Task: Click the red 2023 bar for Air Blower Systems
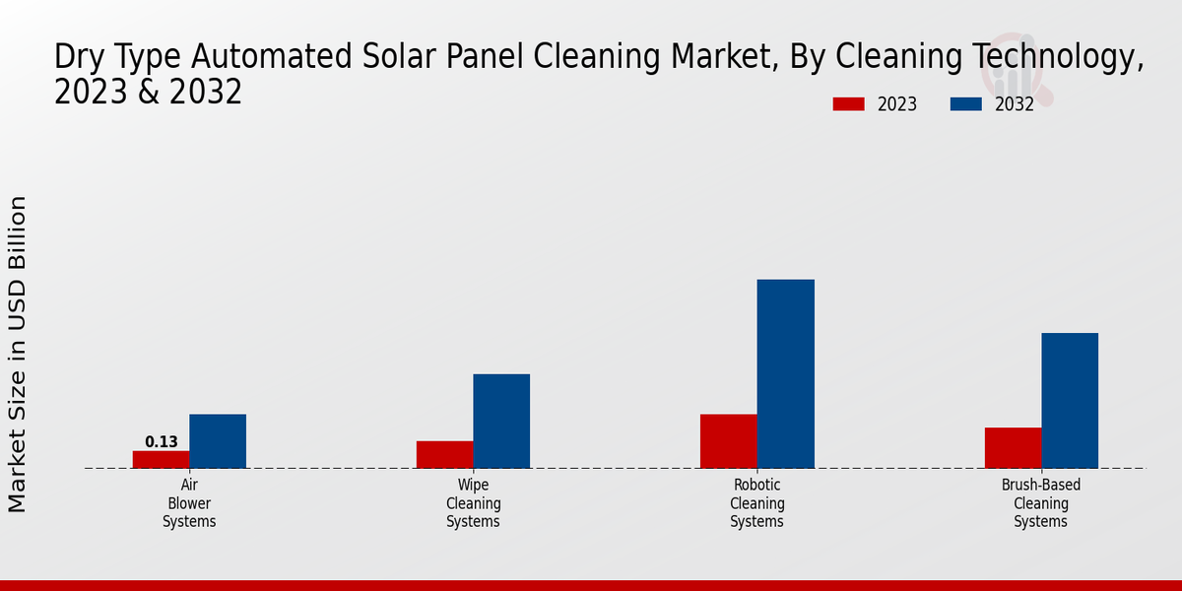(x=161, y=459)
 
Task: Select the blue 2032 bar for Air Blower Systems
(x=218, y=440)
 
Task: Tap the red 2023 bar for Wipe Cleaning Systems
(x=445, y=454)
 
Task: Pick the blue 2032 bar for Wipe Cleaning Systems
(x=501, y=422)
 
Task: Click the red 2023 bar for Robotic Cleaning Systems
(x=729, y=440)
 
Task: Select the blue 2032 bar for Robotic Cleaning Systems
(x=786, y=373)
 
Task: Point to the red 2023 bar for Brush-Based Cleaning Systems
(x=1014, y=447)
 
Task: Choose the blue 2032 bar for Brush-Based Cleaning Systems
(x=1070, y=400)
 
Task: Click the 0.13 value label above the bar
(x=162, y=441)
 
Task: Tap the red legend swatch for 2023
(x=848, y=104)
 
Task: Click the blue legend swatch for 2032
(x=966, y=104)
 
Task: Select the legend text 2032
(x=1015, y=104)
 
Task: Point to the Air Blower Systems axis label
(x=189, y=503)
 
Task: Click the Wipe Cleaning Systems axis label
(x=474, y=503)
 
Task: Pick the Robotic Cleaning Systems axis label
(x=757, y=503)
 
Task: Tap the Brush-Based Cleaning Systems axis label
(x=1041, y=503)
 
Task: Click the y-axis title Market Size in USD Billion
(x=17, y=354)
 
